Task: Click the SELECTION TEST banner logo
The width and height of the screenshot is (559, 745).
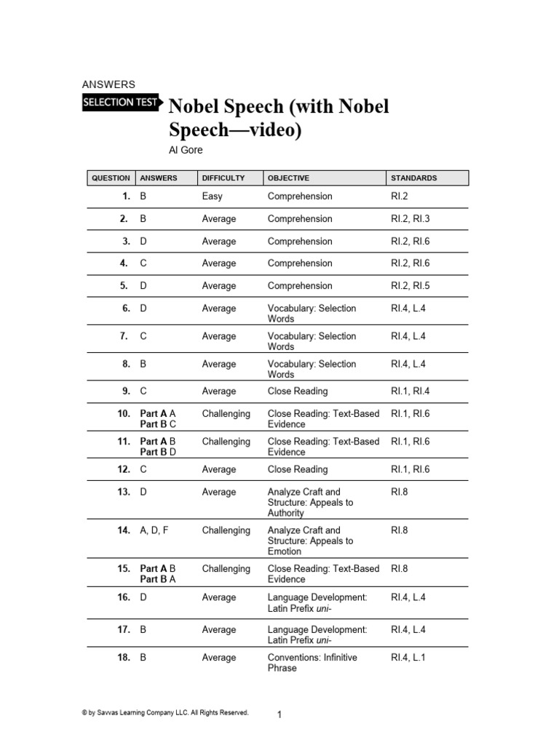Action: click(x=122, y=103)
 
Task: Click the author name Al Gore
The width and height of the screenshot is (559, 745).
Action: click(x=187, y=150)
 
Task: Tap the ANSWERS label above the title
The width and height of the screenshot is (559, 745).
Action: click(x=108, y=84)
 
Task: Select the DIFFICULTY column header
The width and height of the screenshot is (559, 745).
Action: click(x=223, y=178)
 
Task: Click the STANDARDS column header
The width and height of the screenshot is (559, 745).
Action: click(x=414, y=178)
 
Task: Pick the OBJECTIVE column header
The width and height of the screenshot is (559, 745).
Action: click(x=288, y=178)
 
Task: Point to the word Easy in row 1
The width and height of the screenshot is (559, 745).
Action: click(x=213, y=196)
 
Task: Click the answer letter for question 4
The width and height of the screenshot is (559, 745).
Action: click(x=143, y=263)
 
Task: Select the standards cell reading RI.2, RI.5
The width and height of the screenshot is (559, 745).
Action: click(x=411, y=286)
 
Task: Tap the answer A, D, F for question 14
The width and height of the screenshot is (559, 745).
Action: click(x=154, y=530)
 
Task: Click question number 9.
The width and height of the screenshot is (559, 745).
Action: click(x=126, y=391)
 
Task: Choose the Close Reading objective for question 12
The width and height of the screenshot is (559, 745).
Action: click(x=298, y=470)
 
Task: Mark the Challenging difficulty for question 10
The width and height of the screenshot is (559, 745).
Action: click(x=226, y=413)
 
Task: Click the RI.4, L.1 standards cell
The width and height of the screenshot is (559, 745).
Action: click(x=408, y=658)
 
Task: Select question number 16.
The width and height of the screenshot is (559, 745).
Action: click(x=123, y=597)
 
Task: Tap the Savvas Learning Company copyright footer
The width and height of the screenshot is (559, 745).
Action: click(x=166, y=713)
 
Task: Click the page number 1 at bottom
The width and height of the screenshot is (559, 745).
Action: click(x=279, y=715)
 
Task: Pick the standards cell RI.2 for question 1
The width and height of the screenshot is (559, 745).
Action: click(x=398, y=196)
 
